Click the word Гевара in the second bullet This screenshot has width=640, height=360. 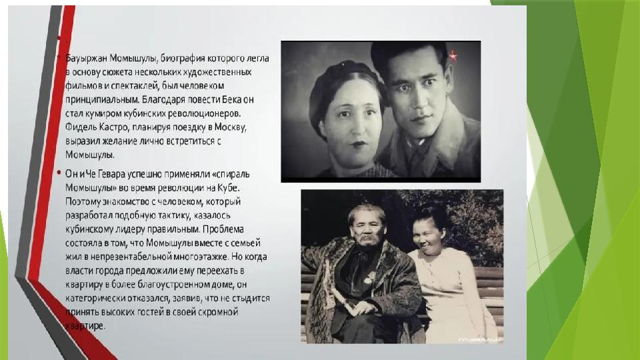pos(111,174)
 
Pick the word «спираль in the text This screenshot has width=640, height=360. pos(230,174)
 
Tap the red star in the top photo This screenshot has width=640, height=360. pos(453,55)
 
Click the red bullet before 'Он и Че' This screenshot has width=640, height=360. pos(59,173)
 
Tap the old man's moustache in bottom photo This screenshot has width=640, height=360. pos(366,238)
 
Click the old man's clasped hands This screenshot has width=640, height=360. pos(359,307)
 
